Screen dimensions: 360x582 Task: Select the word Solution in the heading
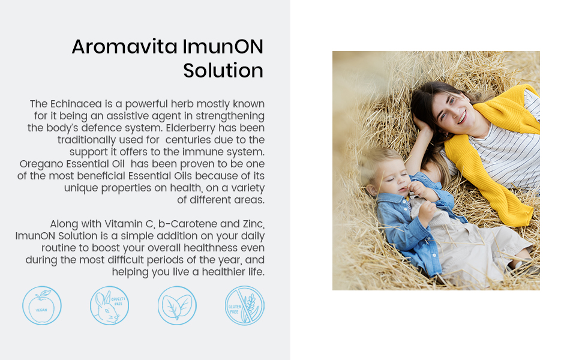pos(223,71)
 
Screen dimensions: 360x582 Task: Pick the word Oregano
pos(40,164)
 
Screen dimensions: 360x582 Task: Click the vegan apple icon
pos(42,305)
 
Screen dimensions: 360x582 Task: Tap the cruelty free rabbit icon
pos(109,305)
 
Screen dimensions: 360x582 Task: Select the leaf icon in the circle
pos(177,305)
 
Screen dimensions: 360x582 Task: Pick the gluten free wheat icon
pos(245,305)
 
